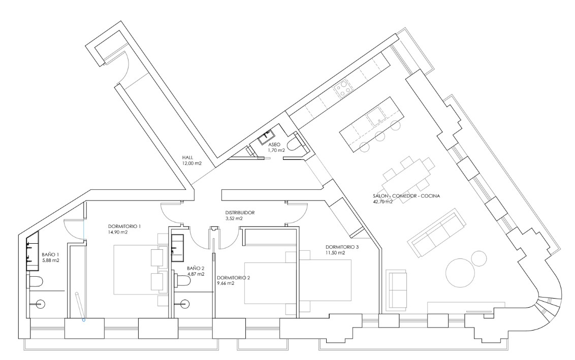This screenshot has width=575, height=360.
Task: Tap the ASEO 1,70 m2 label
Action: pos(276,147)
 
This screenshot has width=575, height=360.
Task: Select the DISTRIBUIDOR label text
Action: pos(240,213)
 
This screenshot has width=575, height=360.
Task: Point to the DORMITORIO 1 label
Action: pos(124,226)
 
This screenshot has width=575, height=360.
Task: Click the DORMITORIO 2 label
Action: pos(233,278)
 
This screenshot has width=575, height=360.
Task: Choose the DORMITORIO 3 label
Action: pos(342,247)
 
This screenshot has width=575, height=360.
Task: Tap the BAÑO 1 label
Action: pos(50,254)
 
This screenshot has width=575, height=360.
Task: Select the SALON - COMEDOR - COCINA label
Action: pos(406,196)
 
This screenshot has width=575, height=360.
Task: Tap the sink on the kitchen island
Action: pos(375,117)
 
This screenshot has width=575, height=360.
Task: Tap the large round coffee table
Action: pos(461,272)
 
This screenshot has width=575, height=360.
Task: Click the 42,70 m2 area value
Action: pos(382,201)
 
